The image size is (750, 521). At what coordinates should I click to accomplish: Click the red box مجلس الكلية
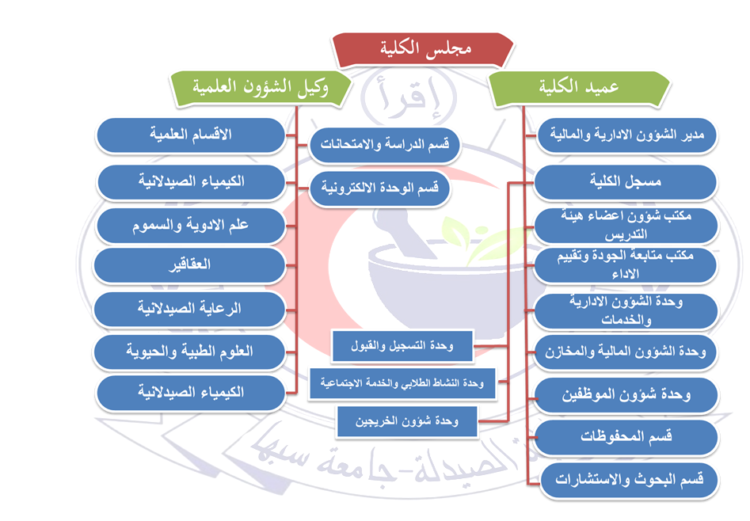[428, 49]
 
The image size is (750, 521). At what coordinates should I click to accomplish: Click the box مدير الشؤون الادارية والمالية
[626, 135]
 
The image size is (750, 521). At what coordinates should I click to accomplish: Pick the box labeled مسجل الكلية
[626, 181]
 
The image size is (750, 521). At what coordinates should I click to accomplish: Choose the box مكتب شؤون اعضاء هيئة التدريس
[626, 225]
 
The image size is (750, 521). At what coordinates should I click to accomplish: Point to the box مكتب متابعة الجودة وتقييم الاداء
[626, 265]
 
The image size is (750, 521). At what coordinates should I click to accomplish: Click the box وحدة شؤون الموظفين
[626, 395]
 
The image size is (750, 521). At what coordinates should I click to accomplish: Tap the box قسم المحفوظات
[626, 437]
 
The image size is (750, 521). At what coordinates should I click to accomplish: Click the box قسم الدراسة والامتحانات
[381, 145]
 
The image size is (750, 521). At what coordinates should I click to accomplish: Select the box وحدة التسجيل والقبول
[402, 346]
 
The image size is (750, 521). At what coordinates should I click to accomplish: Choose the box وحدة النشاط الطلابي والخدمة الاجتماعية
[402, 382]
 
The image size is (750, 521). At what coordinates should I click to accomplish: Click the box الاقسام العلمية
[190, 135]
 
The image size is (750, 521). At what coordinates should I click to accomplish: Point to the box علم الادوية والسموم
[190, 226]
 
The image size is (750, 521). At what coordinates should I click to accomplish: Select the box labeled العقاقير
[190, 265]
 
